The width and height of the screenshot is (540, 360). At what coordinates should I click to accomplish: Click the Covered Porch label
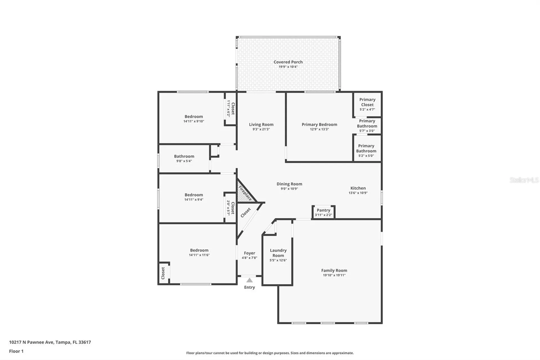coord(288,62)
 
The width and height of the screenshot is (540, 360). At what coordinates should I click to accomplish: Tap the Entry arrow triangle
coord(249,280)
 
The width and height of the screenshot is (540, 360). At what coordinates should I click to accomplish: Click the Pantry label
coord(323,210)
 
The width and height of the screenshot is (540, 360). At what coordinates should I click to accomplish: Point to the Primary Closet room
coord(367,104)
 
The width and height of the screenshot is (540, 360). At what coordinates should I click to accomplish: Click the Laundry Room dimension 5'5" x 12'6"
coord(278,260)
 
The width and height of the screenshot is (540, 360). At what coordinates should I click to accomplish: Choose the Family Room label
coord(334,270)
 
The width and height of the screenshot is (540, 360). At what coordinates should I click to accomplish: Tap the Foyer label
coord(249,253)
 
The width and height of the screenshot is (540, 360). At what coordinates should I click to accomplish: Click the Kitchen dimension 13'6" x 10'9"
coord(358,193)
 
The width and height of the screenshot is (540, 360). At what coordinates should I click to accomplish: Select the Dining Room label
coord(289,184)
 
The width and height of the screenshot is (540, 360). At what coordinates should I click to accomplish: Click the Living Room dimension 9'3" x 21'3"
coord(261,129)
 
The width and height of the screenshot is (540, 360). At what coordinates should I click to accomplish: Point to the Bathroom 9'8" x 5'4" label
coord(184,156)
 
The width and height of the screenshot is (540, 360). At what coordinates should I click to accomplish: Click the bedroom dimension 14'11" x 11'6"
coord(199,255)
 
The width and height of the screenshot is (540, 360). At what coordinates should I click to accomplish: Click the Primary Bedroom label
coord(319,124)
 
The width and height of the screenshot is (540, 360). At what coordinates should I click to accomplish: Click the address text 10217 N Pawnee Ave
coord(31,342)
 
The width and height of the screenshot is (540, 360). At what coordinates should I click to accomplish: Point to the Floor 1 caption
coord(16,351)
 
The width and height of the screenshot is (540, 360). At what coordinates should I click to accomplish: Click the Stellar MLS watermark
coord(524,180)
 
